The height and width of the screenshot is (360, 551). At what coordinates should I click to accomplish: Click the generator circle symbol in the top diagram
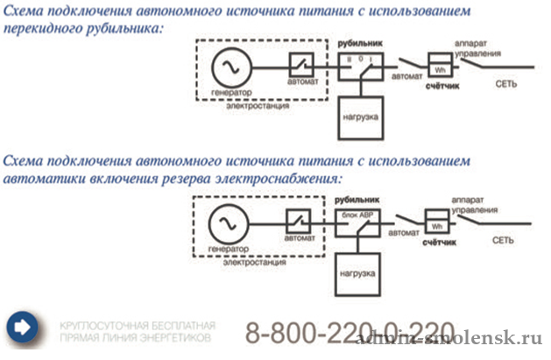click(x=232, y=66)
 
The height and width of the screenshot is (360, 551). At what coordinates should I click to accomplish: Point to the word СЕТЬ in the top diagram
click(x=507, y=85)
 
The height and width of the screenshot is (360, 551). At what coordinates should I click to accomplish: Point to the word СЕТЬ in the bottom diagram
click(x=503, y=239)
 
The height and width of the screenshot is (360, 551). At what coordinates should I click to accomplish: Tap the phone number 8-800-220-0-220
click(x=350, y=333)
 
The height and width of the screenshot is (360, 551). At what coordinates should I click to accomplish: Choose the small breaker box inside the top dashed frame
click(x=303, y=66)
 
